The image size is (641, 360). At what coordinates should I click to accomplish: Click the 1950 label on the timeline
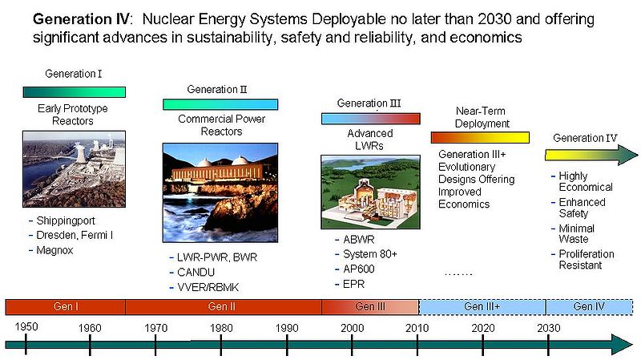[x=26, y=328]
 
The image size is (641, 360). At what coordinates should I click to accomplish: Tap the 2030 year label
[x=549, y=328]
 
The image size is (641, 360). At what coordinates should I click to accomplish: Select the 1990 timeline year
[x=287, y=328]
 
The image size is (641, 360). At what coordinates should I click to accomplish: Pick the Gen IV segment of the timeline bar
[x=589, y=306]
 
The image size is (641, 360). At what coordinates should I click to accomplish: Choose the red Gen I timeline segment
[x=65, y=306]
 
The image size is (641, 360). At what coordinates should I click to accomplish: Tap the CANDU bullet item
[x=197, y=272]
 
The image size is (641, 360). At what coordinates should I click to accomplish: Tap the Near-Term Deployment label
[x=482, y=118]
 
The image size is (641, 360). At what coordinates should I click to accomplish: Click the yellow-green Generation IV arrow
[x=591, y=155]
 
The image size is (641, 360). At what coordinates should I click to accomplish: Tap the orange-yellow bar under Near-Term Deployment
[x=480, y=137]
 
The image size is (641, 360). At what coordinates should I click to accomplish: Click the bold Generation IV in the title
[x=78, y=18]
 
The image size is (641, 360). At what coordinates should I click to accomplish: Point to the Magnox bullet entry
[x=56, y=250]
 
